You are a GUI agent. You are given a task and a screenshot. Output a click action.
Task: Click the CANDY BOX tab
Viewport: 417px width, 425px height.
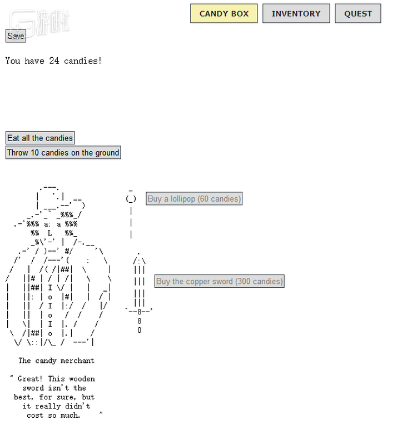point(224,14)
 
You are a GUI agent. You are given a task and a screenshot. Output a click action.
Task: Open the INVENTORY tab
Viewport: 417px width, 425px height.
point(296,14)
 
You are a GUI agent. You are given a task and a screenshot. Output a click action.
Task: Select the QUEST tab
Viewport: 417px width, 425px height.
point(358,14)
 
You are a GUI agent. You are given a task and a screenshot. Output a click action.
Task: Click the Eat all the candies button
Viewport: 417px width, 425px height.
point(40,138)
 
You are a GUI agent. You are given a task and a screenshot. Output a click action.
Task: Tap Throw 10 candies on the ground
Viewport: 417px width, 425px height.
point(63,153)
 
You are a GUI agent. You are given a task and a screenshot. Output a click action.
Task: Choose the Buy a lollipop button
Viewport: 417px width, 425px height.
point(194,199)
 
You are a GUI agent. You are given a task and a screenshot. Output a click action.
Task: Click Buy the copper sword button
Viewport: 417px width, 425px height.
point(219,282)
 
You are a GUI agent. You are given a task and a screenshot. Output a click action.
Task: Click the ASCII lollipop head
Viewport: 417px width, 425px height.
point(131,198)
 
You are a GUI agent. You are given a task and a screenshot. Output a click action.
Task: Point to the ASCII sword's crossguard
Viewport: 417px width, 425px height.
point(139,312)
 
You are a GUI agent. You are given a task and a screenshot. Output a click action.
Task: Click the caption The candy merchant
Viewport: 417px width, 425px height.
point(56,361)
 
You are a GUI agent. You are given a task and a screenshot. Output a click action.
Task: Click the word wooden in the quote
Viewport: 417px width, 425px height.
point(82,379)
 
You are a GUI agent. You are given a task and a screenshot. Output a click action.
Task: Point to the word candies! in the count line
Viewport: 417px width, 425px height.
point(83,61)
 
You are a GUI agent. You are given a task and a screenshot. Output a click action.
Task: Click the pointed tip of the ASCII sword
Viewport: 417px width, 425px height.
point(139,253)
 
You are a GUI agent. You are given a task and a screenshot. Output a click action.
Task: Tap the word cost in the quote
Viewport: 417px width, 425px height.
point(34,415)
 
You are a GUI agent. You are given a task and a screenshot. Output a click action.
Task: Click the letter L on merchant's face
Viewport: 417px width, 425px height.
point(49,233)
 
